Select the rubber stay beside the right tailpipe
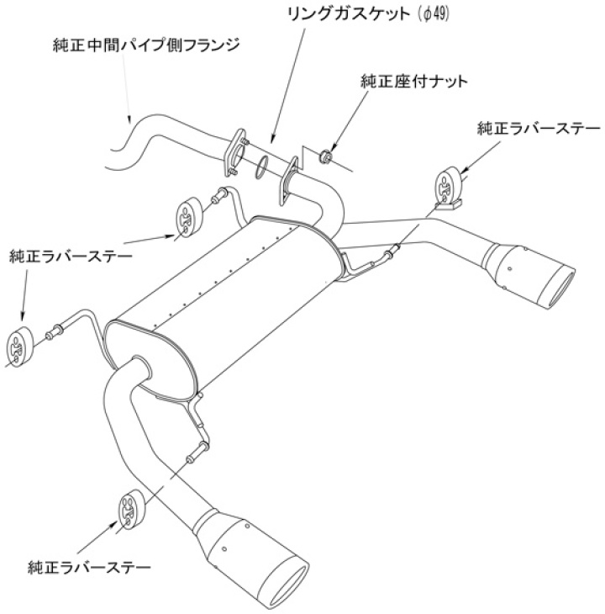[x=448, y=187]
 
